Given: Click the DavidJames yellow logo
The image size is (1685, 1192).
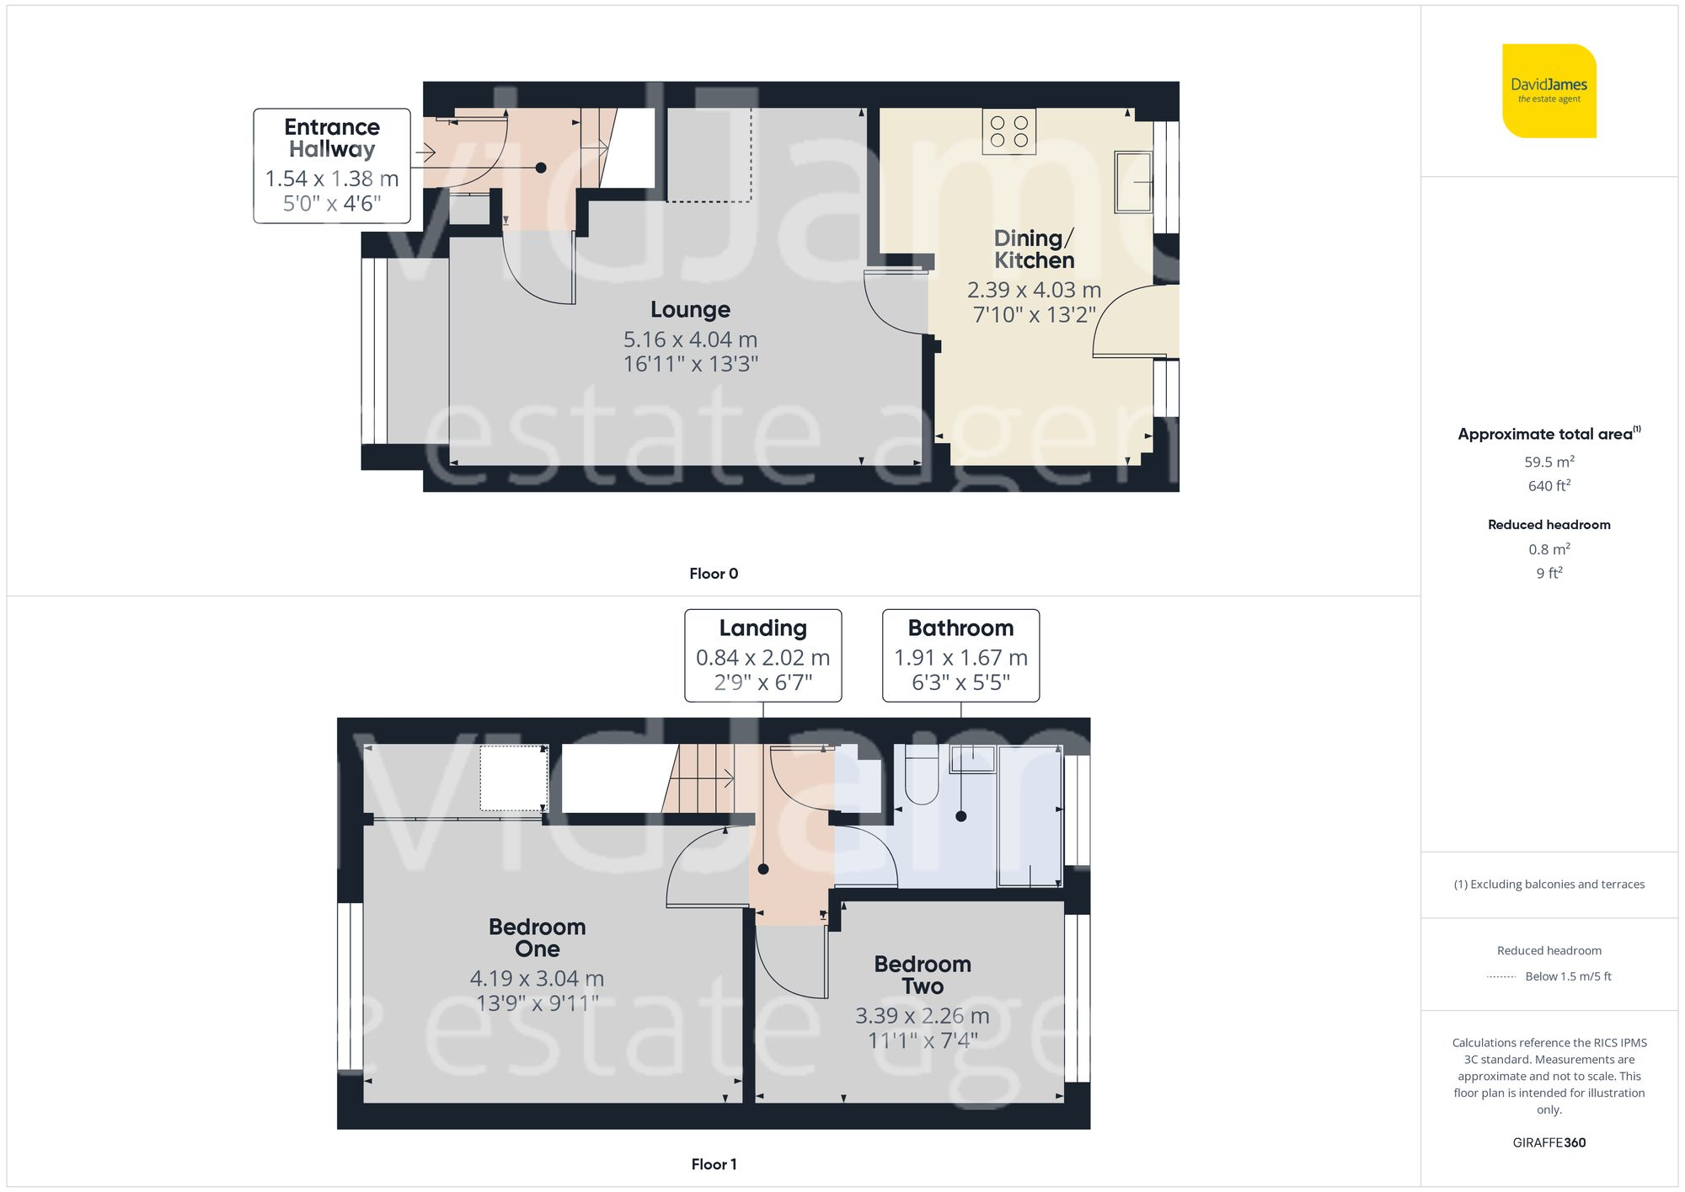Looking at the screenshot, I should tap(1549, 91).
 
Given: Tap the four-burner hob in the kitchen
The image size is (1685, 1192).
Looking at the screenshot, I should tap(1008, 131).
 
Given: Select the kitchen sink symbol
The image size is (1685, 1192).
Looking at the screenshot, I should tap(1133, 181).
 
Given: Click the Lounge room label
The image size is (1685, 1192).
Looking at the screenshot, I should tap(690, 310).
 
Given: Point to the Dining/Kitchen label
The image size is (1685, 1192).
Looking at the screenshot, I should tap(1034, 249).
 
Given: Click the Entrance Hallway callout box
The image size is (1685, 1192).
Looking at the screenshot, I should tap(332, 165).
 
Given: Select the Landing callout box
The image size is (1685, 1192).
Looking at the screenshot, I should tap(762, 655).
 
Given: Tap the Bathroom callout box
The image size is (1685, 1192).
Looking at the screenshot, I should tap(960, 655).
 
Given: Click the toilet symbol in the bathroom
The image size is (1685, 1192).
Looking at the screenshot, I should tap(922, 779).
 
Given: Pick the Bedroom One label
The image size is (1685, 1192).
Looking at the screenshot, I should tap(537, 938).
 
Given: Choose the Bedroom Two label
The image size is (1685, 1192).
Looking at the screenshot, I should tap(922, 975).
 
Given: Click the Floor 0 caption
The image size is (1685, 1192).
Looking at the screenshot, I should tap(714, 574).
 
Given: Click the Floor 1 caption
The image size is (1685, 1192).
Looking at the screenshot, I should tap(714, 1164).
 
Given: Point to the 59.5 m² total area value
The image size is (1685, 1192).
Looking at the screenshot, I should tap(1549, 462).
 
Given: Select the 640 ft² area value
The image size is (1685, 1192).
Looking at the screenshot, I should tap(1549, 486).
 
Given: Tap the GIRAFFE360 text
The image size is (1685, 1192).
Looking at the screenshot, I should tap(1549, 1142).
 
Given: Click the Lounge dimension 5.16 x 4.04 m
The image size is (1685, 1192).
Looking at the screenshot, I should tap(690, 339).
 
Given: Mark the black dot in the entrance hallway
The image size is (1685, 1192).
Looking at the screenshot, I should tap(541, 168).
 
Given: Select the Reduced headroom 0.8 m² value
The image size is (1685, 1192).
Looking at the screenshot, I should tap(1549, 549).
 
